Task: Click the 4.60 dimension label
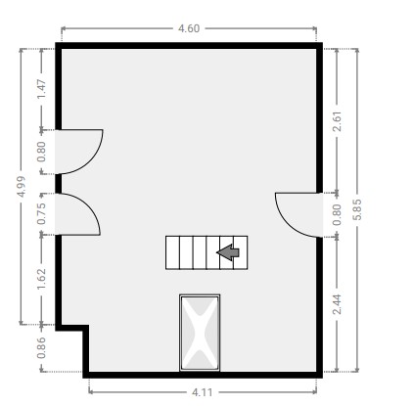tap(189, 28)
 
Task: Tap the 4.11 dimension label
tap(202, 392)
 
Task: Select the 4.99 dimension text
tap(22, 186)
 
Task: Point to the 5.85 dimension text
tap(357, 209)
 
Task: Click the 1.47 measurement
tap(41, 89)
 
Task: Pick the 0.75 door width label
tap(41, 214)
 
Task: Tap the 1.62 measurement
tap(41, 279)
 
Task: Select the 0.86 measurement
tap(41, 347)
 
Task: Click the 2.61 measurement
tap(337, 121)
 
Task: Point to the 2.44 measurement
tap(337, 304)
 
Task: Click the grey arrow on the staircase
tap(228, 252)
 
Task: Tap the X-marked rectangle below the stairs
tap(200, 333)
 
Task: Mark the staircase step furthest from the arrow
tap(172, 252)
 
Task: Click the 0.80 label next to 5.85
tap(337, 214)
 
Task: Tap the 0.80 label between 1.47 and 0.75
tap(41, 152)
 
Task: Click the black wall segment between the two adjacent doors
tap(59, 184)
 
